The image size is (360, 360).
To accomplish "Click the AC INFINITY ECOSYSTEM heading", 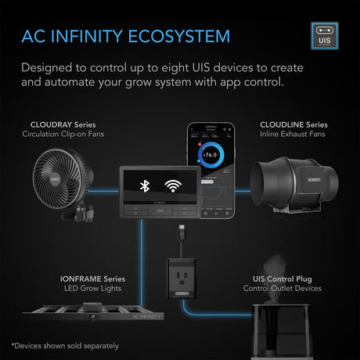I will pos(126,37).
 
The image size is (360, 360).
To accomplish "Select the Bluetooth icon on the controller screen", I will pos(144,186).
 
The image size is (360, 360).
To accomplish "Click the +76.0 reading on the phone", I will pos(209,157).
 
